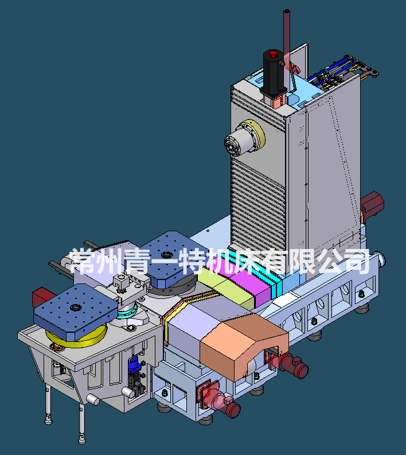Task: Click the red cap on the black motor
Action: click(273, 55)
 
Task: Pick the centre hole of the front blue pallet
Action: click(76, 307)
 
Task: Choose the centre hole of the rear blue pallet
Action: click(167, 255)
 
